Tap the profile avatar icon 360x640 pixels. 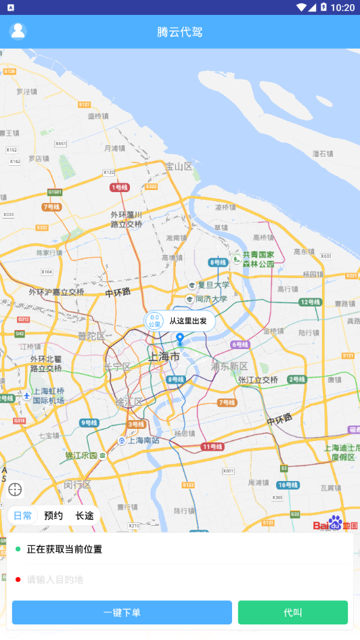point(18,31)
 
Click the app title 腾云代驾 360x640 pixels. point(180,32)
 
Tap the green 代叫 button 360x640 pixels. point(293,612)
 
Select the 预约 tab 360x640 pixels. point(53,516)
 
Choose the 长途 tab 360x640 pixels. point(85,516)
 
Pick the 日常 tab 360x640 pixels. point(22,516)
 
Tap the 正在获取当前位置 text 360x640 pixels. point(64,549)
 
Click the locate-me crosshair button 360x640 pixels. point(15,489)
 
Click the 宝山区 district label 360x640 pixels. point(179,166)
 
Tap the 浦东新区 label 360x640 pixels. point(229,366)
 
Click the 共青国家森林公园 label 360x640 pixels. point(258,259)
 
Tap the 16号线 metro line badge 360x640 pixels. point(288,485)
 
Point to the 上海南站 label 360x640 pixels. point(143,440)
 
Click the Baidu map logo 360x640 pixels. point(335,524)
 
